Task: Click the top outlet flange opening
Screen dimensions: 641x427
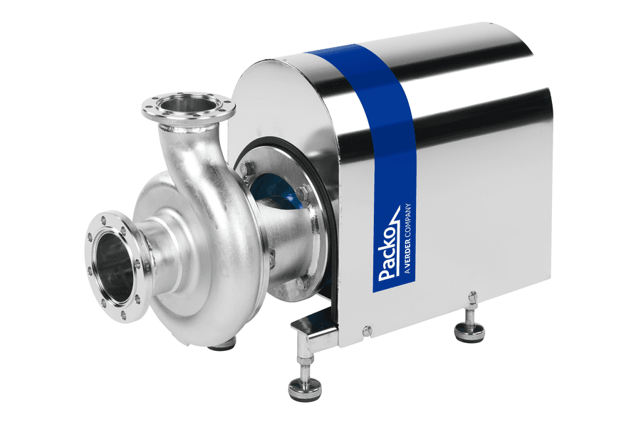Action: point(188,105)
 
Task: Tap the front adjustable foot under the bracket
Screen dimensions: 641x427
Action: point(305,379)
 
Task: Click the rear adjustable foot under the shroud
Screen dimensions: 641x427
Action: point(471,323)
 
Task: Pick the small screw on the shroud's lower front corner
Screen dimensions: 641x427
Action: point(367,330)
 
